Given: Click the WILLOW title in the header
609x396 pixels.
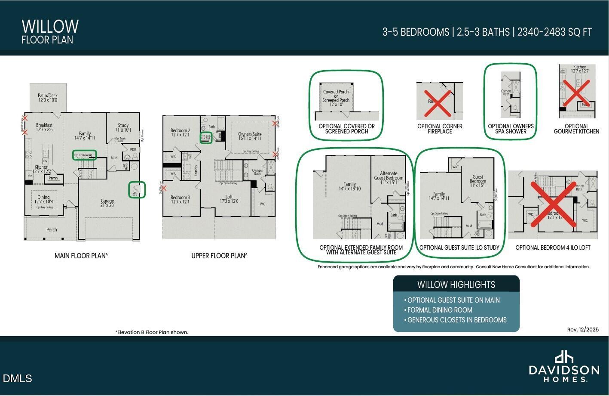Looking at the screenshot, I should [x=50, y=27].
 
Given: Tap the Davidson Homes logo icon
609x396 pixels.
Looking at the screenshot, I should [x=564, y=356].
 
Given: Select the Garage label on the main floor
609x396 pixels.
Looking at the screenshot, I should [x=107, y=201].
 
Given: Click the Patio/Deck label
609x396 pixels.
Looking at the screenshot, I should [x=47, y=96].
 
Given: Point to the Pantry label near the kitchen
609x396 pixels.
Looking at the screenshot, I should [x=53, y=178].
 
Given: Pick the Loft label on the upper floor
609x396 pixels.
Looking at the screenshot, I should [x=229, y=197].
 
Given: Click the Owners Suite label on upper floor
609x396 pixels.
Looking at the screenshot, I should [x=250, y=134].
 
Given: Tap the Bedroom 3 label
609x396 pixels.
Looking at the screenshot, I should [x=180, y=198].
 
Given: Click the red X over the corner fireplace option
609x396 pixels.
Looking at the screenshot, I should [x=438, y=103].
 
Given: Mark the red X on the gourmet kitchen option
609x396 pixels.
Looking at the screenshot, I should [x=576, y=92].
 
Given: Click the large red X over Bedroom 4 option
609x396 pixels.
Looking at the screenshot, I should [x=553, y=204].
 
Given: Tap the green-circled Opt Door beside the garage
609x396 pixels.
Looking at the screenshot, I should [x=137, y=190].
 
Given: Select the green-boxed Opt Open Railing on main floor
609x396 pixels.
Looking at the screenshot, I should [x=84, y=155].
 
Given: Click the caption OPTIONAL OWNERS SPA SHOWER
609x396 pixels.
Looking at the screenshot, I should [x=511, y=129].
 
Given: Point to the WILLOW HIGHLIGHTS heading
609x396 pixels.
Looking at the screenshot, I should [x=456, y=285].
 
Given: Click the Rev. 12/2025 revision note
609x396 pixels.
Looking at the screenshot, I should [x=582, y=330].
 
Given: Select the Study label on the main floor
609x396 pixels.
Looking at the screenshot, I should [x=123, y=126].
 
